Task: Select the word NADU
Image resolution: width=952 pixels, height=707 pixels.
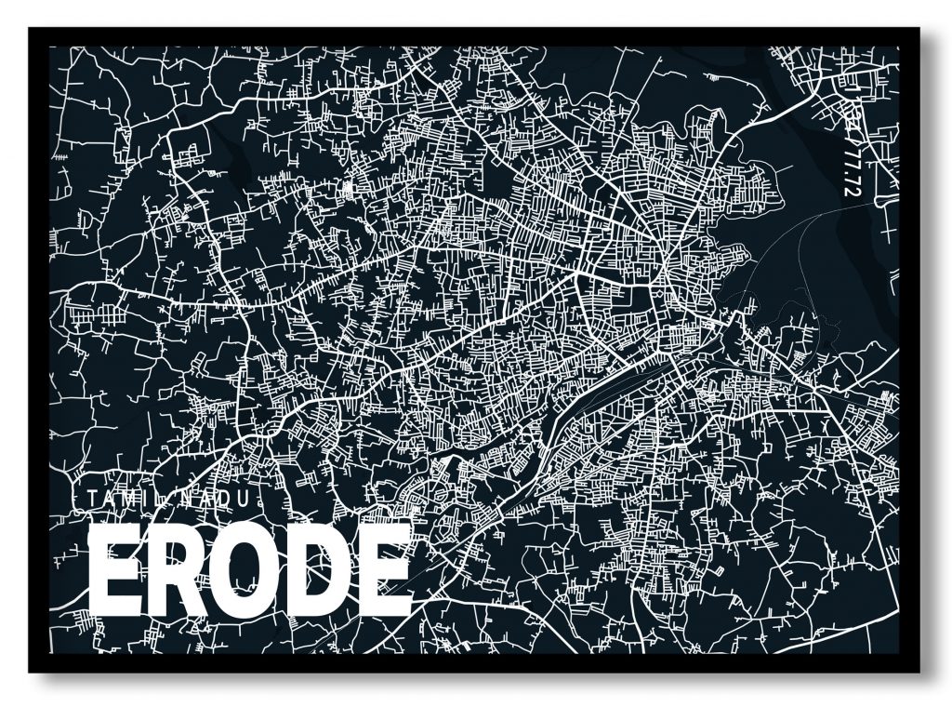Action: tap(217, 499)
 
